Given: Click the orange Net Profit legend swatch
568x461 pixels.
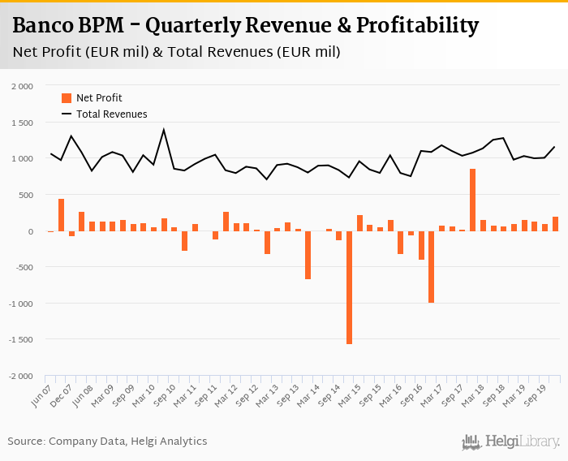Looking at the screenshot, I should (67, 98).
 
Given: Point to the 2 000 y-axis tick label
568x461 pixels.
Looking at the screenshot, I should (22, 86).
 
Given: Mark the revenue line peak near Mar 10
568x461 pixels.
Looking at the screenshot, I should (164, 130).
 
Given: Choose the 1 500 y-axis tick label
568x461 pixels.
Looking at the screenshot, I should (22, 123).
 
